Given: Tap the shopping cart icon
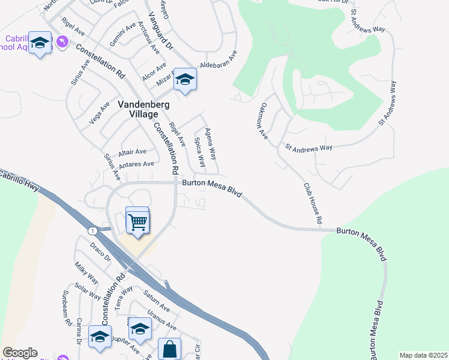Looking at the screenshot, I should pos(137,221).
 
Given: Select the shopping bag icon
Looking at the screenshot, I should pos(170,349).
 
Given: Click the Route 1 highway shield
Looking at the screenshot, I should pos(92,231).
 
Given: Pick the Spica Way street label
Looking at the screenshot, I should pos(199,152).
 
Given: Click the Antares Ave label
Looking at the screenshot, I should pos(137,164).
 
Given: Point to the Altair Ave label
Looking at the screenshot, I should pos(133,152).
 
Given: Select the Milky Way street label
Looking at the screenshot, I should pos(86,273).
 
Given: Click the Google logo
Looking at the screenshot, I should pos(20,353).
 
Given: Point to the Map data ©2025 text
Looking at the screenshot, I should pos(423,355).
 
